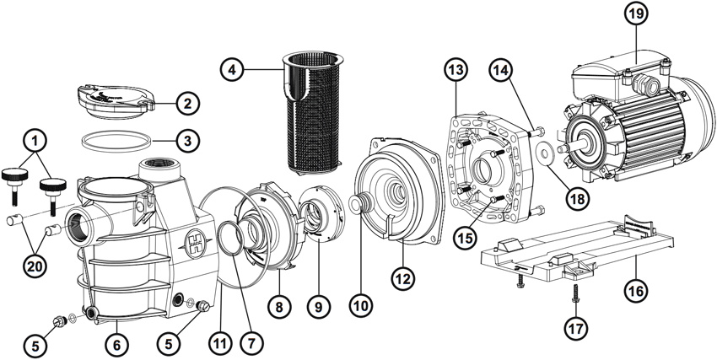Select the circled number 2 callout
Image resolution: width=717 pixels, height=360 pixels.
pyautogui.click(x=187, y=104)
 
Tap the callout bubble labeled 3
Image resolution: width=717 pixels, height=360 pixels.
pyautogui.click(x=187, y=137)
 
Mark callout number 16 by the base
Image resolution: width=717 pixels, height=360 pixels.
pyautogui.click(x=635, y=289)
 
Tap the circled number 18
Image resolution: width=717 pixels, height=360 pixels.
pyautogui.click(x=577, y=198)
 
